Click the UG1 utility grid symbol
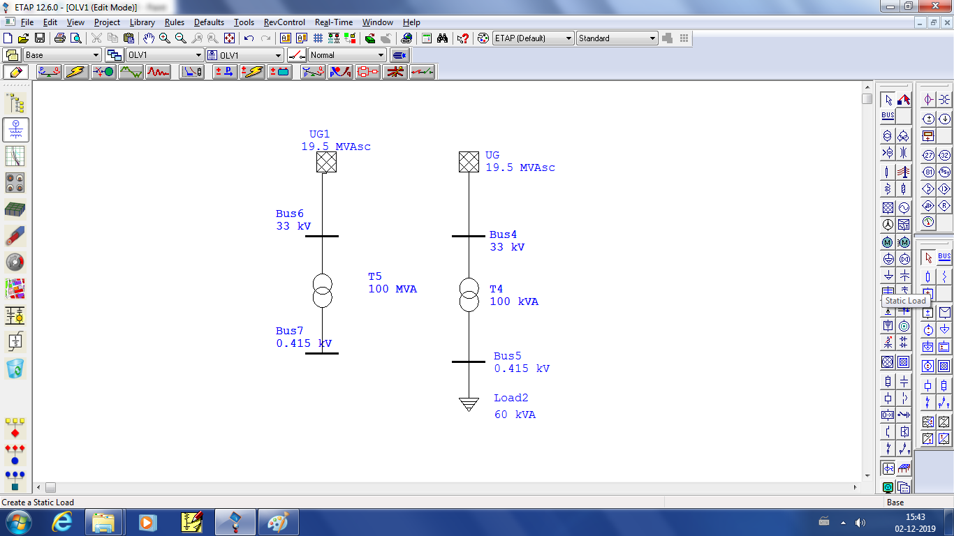[326, 162]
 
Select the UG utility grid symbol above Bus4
[469, 162]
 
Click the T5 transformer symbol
[322, 291]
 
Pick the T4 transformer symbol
[469, 295]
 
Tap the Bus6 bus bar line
[322, 236]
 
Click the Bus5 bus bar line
[469, 362]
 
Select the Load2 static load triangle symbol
[469, 403]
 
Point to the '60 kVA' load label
[515, 415]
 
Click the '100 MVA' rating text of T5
[392, 289]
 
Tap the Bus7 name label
[290, 331]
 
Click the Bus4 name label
[503, 234]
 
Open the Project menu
[107, 22]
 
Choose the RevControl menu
[284, 22]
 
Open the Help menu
[411, 22]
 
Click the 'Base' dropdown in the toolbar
[62, 55]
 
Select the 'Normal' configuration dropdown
[347, 55]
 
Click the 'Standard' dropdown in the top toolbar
[617, 38]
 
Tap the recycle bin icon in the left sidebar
[15, 368]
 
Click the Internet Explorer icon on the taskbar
[61, 521]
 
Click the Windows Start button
[18, 521]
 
